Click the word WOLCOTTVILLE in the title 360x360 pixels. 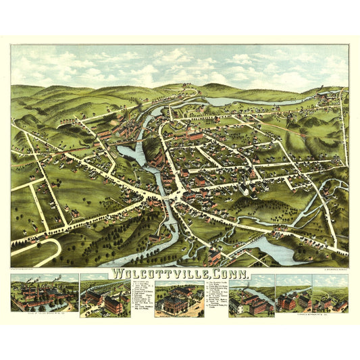tap(156, 275)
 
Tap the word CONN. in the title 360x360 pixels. tap(229, 275)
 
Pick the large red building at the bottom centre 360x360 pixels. tap(213, 256)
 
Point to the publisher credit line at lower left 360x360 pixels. tap(34, 269)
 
